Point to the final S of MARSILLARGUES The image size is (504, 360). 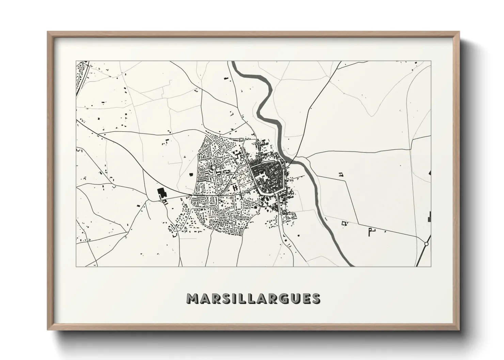(x=315, y=298)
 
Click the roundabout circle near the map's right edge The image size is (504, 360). (x=426, y=244)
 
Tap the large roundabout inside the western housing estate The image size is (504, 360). (x=213, y=167)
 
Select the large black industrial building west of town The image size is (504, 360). (x=160, y=193)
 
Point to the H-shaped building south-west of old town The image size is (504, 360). (x=235, y=187)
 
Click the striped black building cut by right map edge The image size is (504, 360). (x=430, y=216)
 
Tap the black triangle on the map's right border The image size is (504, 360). (x=430, y=173)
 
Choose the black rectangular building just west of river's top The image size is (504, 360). (x=225, y=79)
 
